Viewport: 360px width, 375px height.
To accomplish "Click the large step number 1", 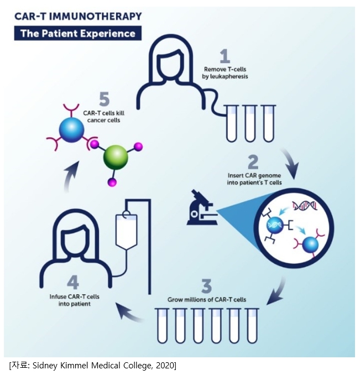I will (224, 55).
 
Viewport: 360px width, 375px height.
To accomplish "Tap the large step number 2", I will (253, 162).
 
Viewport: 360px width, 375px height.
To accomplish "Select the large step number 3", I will (206, 287).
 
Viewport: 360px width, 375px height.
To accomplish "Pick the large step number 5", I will (105, 99).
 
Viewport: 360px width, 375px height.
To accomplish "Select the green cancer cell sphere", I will (116, 159).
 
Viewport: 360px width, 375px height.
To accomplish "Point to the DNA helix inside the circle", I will (306, 206).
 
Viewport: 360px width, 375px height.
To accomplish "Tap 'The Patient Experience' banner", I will (77, 33).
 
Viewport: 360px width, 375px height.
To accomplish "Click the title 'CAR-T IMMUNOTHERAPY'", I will (77, 17).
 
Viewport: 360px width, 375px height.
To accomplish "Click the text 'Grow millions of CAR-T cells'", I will (207, 299).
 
